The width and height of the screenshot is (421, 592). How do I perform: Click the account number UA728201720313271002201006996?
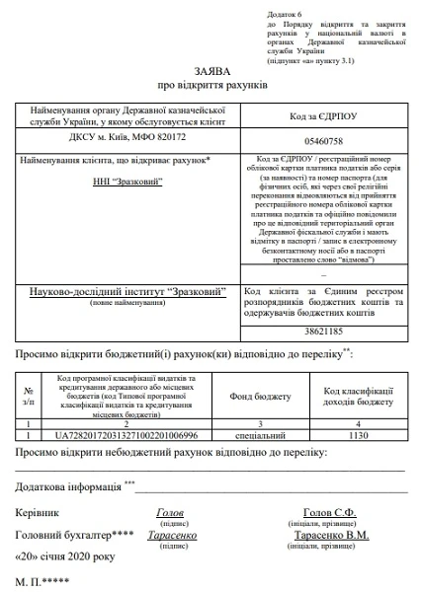point(126,434)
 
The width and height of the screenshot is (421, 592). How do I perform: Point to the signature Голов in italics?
point(170,512)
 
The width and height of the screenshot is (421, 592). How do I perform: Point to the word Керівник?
point(37,513)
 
